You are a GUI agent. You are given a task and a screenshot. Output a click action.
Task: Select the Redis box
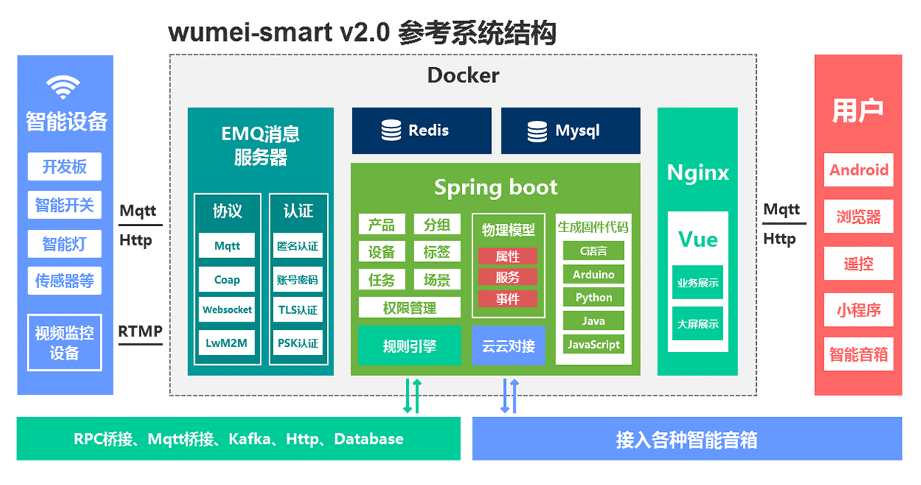point(422,131)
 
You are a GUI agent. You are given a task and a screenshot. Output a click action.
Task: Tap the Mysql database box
point(570,131)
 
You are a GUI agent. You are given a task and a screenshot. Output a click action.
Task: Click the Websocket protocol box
point(227,310)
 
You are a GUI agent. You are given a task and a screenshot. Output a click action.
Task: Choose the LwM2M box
point(227,343)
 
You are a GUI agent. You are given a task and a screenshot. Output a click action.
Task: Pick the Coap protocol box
point(227,280)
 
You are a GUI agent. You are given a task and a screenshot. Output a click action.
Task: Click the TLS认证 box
point(297,310)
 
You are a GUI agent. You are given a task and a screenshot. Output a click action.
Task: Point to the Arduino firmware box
point(593,275)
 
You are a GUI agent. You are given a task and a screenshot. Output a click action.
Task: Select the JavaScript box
point(593,345)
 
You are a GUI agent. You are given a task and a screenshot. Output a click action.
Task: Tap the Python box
point(593,298)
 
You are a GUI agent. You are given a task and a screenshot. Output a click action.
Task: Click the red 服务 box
point(508,277)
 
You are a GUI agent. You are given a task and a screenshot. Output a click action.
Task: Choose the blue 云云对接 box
point(508,345)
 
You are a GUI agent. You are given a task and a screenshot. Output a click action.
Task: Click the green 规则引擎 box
point(409,345)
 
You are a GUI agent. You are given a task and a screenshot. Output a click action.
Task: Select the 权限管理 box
point(409,307)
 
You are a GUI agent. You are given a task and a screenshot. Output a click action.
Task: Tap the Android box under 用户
point(858,170)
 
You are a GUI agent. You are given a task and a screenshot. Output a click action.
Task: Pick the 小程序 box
point(858,310)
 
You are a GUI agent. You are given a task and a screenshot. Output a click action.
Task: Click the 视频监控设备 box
point(64,342)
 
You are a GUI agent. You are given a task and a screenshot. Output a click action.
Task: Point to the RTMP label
point(140,331)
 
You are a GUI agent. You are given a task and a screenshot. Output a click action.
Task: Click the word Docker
point(463,75)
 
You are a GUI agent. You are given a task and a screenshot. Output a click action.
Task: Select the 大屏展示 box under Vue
point(698,324)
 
